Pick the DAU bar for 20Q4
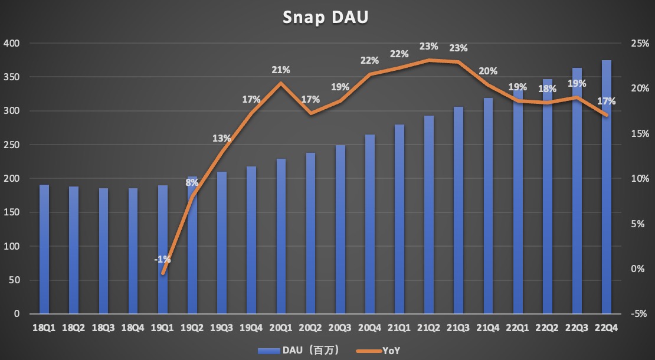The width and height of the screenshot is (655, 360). click(370, 224)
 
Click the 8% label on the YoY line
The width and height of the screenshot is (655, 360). click(192, 182)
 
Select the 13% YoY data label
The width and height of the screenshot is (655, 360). click(222, 139)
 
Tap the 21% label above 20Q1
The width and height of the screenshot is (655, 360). click(281, 70)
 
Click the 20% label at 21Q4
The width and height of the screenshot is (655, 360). click(488, 71)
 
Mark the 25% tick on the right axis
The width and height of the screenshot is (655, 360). click(639, 44)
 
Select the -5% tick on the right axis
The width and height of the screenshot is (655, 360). click(640, 314)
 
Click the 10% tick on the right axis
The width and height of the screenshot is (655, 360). click(639, 179)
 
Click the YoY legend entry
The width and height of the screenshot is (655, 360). click(378, 351)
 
